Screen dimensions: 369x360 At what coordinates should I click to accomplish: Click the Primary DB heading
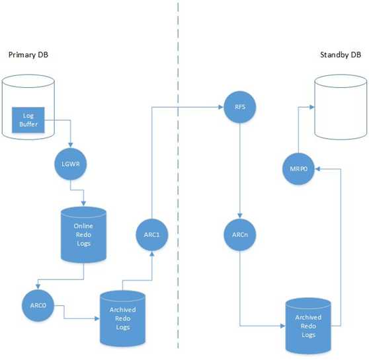[28, 55]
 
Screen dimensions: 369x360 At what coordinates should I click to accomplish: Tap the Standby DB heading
[341, 55]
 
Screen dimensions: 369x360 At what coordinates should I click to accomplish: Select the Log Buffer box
[28, 120]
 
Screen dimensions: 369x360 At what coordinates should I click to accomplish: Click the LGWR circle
[70, 164]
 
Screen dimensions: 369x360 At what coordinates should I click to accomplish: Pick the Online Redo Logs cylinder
[83, 234]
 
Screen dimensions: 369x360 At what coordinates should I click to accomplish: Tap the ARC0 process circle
[38, 305]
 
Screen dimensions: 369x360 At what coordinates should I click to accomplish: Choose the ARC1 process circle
[152, 234]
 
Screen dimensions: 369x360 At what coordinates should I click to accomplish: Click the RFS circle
[239, 107]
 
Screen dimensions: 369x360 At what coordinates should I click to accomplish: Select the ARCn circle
[239, 234]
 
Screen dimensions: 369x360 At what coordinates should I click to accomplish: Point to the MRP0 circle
[298, 168]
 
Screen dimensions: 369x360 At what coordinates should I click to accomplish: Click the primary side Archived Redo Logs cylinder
[122, 318]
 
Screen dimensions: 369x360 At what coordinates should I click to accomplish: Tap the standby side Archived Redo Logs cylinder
[308, 326]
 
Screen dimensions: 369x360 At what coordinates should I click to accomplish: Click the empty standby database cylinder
[341, 107]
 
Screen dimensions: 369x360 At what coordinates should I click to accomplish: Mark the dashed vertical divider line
[178, 175]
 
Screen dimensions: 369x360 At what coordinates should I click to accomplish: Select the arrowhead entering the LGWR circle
[70, 145]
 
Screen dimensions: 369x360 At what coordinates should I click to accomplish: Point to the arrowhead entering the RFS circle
[221, 107]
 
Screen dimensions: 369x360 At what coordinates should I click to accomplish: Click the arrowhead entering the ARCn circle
[239, 216]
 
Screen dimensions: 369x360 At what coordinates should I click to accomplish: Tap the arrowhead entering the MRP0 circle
[317, 169]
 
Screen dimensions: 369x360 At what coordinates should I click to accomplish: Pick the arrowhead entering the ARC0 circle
[38, 287]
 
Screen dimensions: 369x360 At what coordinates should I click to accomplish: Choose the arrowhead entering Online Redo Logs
[83, 203]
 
